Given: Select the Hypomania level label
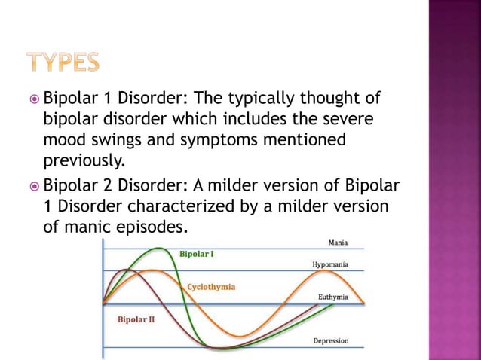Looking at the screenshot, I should pos(330,265).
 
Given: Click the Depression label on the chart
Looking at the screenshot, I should pos(330,341).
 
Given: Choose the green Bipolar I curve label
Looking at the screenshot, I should pos(196,255).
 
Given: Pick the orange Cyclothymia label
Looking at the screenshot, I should pos(210,287).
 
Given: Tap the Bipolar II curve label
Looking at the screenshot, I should pos(136,319).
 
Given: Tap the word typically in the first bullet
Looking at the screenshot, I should pos(253,98).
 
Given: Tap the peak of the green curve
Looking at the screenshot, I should pos(159,248).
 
